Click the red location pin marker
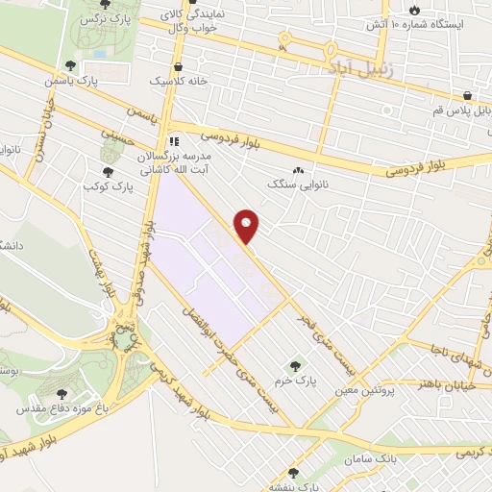tap(247, 226)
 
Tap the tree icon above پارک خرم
tap(295, 365)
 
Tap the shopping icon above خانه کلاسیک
tap(180, 66)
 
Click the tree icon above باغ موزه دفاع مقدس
tap(62, 394)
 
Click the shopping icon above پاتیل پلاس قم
tap(468, 97)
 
